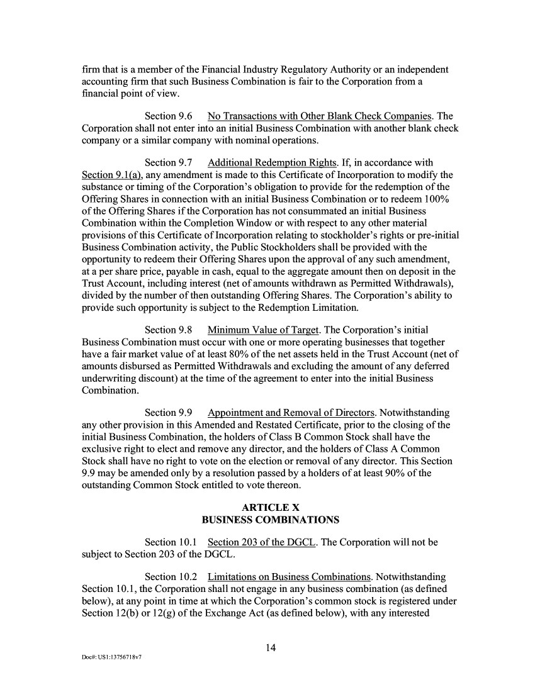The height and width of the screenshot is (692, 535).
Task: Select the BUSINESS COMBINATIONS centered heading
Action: pyautogui.click(x=270, y=520)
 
